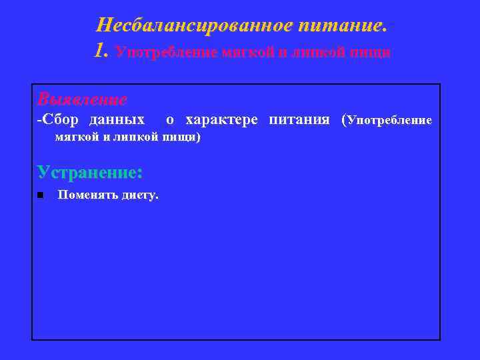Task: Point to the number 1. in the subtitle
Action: [x=102, y=51]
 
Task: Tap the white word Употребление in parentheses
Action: [x=390, y=121]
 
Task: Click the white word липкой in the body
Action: [x=136, y=137]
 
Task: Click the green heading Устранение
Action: [x=90, y=171]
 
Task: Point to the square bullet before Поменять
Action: [x=41, y=195]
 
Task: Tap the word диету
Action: [x=139, y=195]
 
